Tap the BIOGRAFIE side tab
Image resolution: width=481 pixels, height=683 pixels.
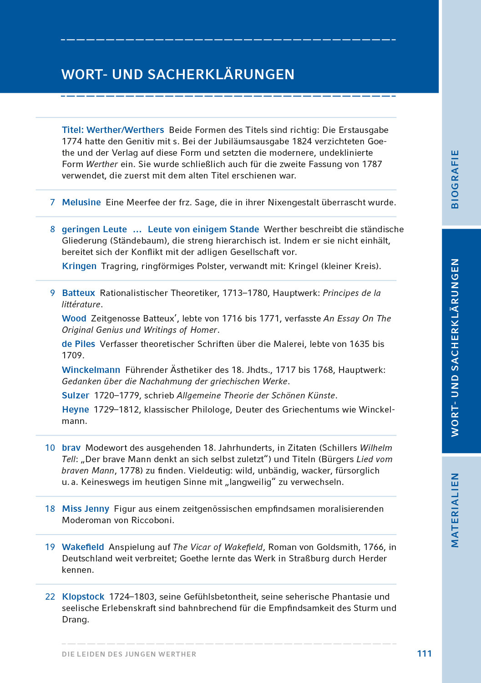coord(455,179)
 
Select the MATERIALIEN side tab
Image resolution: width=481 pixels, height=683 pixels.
coord(455,510)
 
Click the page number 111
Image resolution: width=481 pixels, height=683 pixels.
coord(424,653)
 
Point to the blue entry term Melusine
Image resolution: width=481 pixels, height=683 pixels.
coord(81,202)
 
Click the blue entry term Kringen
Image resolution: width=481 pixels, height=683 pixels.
coord(79,266)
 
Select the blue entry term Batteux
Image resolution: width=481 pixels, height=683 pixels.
coord(78,293)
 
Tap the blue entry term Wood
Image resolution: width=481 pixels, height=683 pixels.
coord(74,318)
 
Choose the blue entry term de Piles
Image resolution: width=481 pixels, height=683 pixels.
coord(78,344)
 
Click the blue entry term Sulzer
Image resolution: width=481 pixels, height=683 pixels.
coord(76,395)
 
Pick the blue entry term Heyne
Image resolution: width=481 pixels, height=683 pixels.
coord(75,409)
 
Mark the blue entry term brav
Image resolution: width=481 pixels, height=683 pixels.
coord(71,448)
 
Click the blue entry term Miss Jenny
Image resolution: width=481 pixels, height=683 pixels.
coord(86,509)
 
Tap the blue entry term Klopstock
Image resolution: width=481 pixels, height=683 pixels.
coord(83,596)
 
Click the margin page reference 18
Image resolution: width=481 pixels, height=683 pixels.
coord(50,509)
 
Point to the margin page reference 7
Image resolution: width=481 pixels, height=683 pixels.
coord(52,202)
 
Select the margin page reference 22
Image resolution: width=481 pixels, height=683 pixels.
coord(50,596)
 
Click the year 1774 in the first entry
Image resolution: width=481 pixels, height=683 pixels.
coord(72,141)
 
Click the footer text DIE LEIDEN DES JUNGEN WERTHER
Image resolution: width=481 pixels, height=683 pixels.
coord(129,654)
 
